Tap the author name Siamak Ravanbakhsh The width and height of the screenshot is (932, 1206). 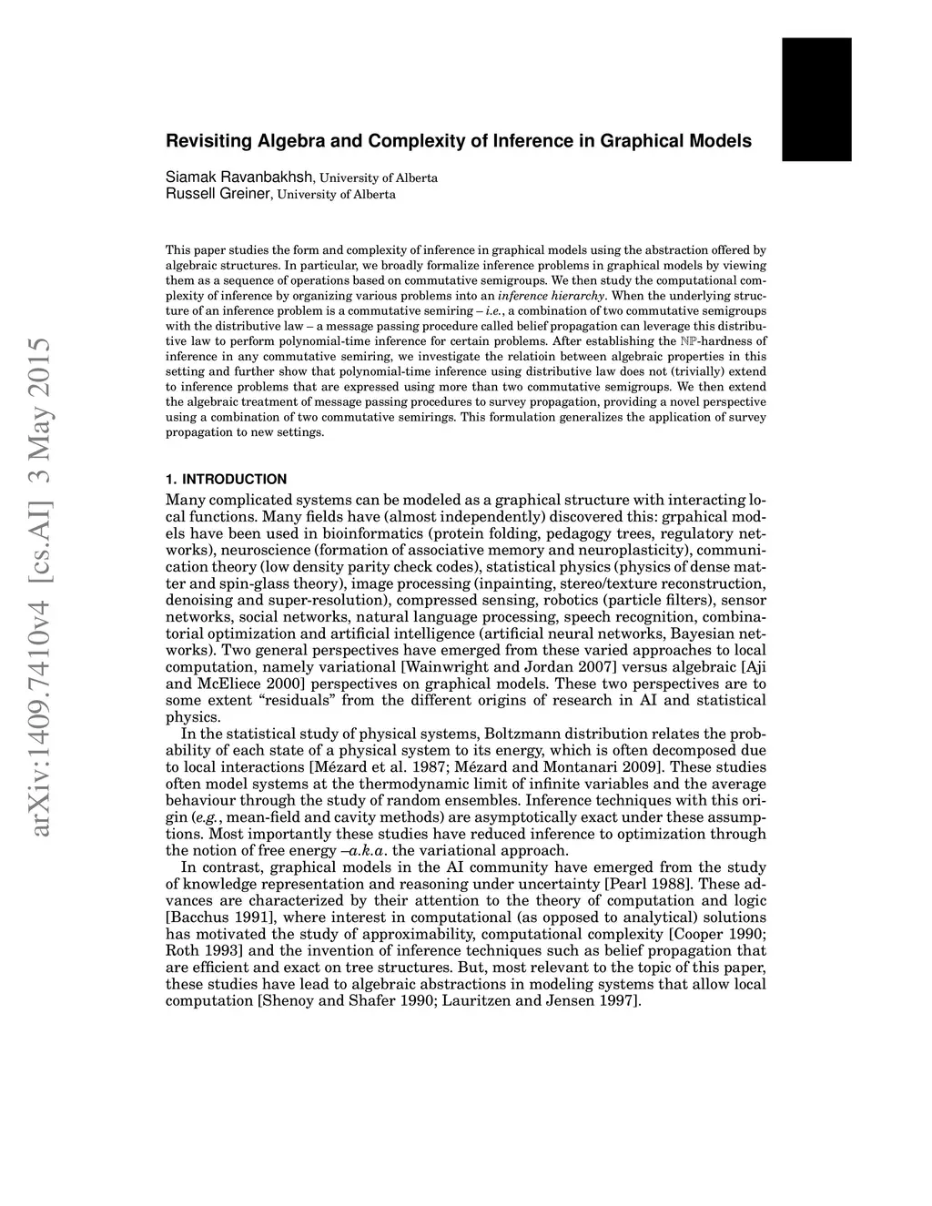pos(240,177)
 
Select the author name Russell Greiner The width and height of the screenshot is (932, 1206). pos(218,194)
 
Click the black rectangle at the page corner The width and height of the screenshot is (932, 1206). pos(816,99)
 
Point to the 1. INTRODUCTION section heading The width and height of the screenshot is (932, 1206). pos(227,480)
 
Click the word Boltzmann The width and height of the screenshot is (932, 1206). pos(522,734)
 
